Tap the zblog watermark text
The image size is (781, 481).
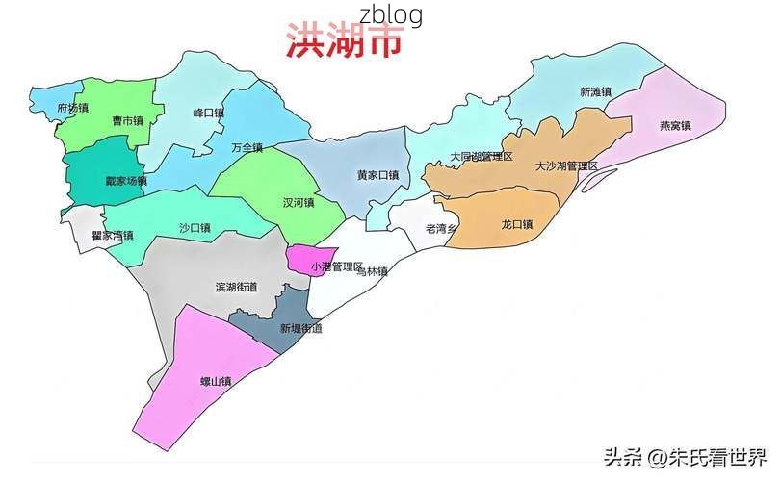[390, 14]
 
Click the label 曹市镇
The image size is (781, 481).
[127, 121]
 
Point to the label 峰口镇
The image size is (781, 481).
[208, 113]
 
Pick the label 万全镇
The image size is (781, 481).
[247, 147]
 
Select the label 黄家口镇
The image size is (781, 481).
[377, 175]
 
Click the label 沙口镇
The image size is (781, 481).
[195, 228]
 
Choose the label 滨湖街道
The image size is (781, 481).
[236, 287]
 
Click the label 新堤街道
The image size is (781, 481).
[300, 328]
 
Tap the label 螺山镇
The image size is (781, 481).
[216, 382]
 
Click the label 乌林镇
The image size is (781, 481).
[372, 272]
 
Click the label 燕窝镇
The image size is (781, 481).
[675, 125]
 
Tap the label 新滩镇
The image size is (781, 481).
[595, 92]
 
